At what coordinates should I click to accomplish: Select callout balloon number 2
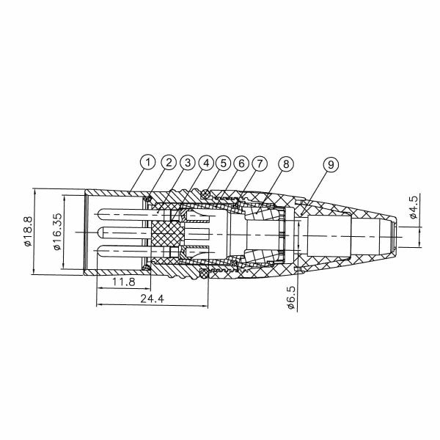[168, 161]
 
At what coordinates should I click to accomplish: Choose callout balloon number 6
[241, 161]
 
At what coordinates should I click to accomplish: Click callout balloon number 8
[285, 162]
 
